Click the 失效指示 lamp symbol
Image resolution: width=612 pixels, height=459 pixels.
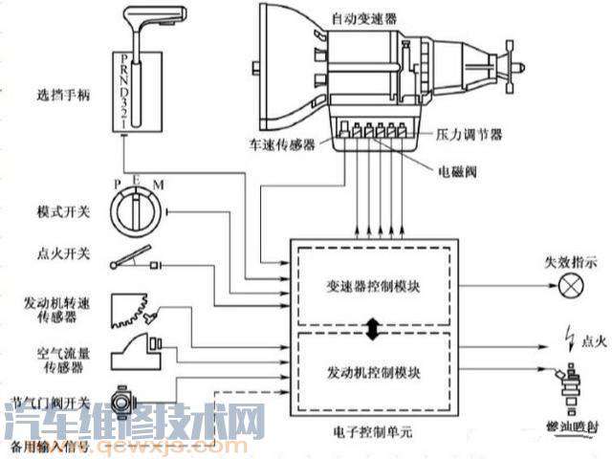click(x=572, y=285)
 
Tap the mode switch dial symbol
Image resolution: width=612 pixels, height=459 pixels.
click(x=138, y=208)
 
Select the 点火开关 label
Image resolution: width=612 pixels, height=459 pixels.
click(x=57, y=253)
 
